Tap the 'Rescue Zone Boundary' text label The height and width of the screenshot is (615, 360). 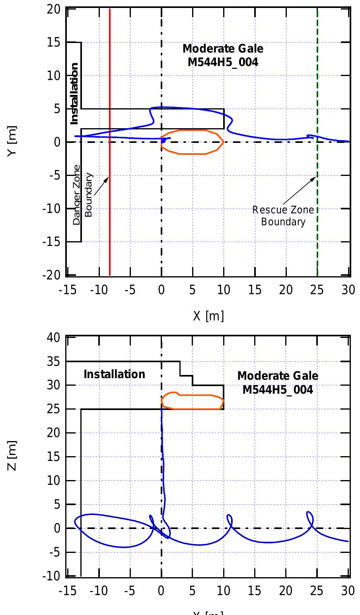pos(283,215)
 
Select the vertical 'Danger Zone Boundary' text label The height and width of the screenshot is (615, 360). pos(83,195)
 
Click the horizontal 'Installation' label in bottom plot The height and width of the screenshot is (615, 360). pos(115,374)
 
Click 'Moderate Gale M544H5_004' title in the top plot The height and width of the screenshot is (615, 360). pos(223,55)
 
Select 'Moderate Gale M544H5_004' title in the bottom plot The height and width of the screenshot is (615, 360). pos(278,382)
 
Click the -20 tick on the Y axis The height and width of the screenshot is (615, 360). pos(52,275)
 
